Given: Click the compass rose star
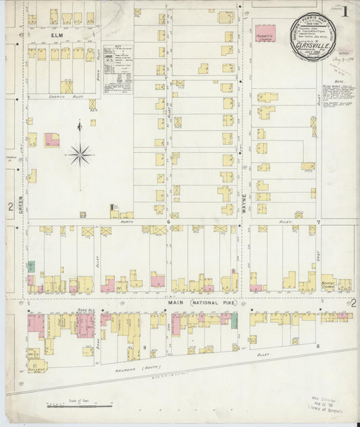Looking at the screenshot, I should click(x=80, y=155).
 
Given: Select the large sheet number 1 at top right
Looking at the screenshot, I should click(x=345, y=11).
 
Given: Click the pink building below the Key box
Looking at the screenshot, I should click(x=52, y=140).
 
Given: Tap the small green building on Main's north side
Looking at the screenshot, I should click(x=30, y=267).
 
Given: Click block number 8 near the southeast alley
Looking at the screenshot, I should click(x=316, y=345).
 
